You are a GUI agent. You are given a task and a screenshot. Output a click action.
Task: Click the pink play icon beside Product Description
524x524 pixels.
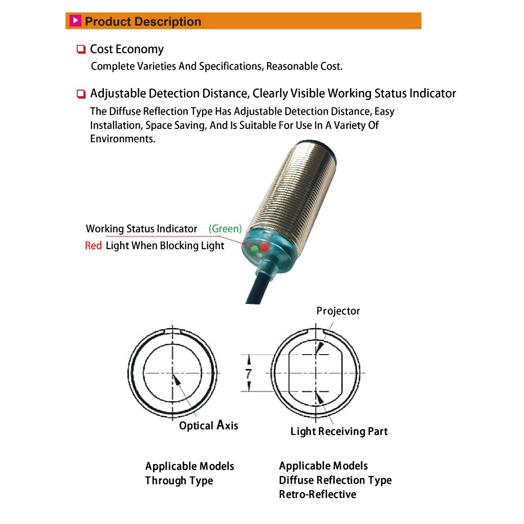[76, 21]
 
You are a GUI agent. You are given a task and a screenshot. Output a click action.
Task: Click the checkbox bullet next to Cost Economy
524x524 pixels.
[81, 50]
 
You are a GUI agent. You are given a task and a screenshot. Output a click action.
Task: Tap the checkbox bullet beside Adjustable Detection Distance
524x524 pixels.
[81, 94]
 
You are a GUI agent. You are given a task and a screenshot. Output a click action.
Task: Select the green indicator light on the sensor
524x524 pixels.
[254, 249]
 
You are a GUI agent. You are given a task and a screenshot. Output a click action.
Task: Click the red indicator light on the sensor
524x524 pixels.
[265, 248]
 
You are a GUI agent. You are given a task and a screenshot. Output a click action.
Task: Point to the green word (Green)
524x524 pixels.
[225, 229]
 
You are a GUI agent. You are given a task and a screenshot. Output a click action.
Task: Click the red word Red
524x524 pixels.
[94, 246]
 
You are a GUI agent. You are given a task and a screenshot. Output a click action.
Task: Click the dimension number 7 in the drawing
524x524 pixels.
[249, 374]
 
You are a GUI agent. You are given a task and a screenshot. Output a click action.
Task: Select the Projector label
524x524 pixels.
[338, 311]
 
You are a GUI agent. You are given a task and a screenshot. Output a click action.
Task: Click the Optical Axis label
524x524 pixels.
[209, 425]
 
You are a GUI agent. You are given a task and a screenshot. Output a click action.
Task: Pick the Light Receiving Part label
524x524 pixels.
[339, 431]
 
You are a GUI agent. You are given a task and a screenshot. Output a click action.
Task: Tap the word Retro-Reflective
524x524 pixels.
[317, 494]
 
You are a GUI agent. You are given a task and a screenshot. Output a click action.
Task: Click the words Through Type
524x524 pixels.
[179, 481]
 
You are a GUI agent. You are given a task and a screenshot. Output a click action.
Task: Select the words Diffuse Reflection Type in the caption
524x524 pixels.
[335, 480]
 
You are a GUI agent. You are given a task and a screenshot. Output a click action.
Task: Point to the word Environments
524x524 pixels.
[123, 139]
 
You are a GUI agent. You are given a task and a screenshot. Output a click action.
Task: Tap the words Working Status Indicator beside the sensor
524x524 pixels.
[141, 229]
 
